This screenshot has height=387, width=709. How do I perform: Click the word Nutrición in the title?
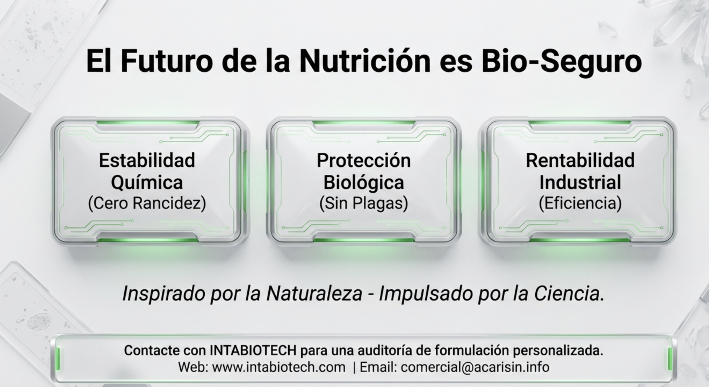365,61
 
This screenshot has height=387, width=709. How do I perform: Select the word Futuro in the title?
167,61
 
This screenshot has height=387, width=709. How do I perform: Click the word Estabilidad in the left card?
147,160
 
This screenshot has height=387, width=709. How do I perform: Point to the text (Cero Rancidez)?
147,203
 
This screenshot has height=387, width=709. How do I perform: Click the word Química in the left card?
147,183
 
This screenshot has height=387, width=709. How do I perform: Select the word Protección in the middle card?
364,160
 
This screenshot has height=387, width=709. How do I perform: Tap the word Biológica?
364,183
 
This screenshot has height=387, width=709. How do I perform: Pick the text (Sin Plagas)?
364,203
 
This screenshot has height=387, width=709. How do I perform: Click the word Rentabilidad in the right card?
580,160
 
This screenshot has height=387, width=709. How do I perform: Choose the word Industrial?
580,182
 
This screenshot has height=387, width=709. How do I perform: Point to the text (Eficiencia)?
580,203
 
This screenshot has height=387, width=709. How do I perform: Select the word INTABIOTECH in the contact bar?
253,350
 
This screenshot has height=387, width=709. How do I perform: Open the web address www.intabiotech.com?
279,367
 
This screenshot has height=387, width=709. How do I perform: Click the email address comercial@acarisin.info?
475,367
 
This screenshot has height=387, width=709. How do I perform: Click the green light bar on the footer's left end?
58,359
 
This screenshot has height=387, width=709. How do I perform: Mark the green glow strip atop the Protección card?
364,122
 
